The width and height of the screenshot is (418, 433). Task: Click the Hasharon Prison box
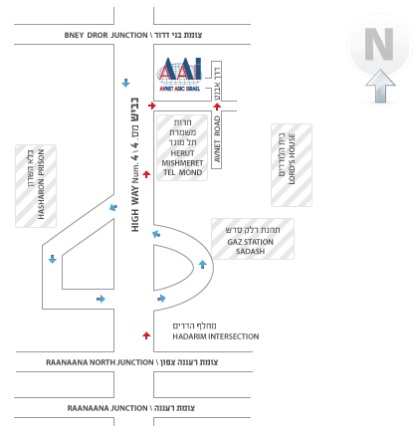[36, 186]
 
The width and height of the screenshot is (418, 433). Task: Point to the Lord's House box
[292, 165]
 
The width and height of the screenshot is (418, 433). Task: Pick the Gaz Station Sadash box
[253, 239]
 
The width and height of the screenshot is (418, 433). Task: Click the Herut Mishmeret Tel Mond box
[182, 147]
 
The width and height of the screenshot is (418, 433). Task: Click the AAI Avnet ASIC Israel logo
[180, 75]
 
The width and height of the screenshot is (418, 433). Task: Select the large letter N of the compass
[379, 44]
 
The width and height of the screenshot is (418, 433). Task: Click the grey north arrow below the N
[380, 86]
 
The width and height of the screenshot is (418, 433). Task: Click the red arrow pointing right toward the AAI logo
[152, 106]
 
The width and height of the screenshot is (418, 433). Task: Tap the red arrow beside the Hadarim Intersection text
[146, 335]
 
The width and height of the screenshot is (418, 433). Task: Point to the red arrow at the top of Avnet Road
[217, 107]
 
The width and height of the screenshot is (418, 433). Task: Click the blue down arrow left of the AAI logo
[125, 83]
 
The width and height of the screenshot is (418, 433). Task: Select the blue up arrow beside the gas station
[203, 265]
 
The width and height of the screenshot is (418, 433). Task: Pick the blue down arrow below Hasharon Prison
[53, 259]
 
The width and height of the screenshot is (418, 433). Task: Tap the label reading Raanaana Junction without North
[131, 408]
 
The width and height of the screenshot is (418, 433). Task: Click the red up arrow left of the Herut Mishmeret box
[146, 174]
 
